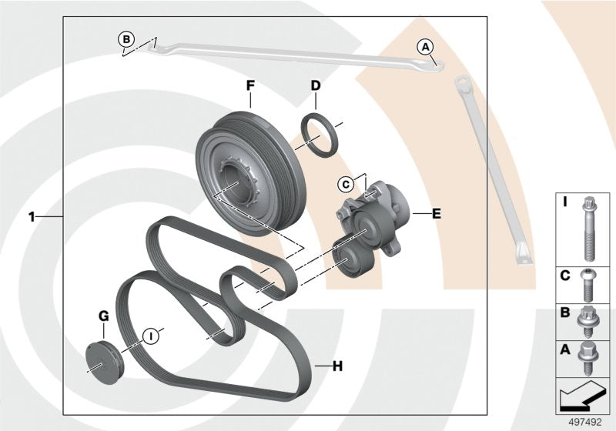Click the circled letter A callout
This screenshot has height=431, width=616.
click(425, 46)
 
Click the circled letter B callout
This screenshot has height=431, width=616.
click(126, 37)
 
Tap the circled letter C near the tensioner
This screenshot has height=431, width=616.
click(346, 183)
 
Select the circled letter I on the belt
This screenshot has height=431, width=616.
click(152, 335)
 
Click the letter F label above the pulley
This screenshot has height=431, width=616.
click(250, 86)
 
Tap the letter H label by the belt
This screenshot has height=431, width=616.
click(336, 366)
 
